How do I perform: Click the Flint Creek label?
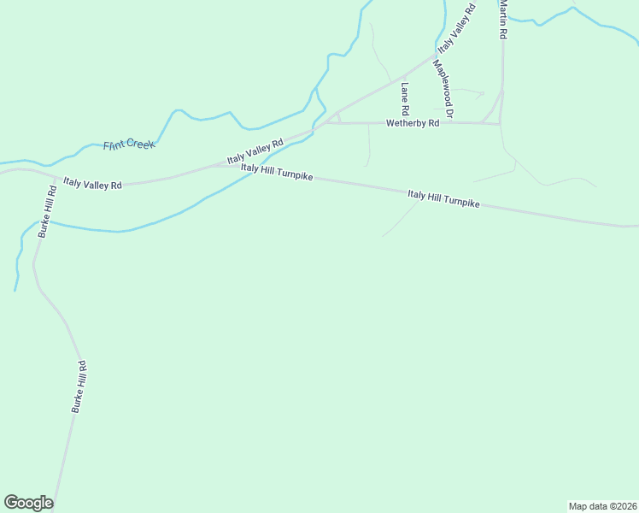tap(129, 145)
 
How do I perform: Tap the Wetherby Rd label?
tap(413, 123)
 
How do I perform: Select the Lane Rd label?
tap(404, 98)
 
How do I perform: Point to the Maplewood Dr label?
tap(443, 88)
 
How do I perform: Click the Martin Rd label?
tap(503, 19)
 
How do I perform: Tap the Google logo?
tap(28, 503)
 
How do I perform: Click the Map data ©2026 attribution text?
tap(602, 505)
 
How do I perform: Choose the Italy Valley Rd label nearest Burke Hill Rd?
tap(93, 183)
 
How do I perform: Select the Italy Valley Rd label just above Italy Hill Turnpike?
tap(255, 152)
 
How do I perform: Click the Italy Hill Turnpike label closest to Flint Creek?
tap(277, 173)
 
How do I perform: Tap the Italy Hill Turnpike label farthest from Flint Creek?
tap(443, 200)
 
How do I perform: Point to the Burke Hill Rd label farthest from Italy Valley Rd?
tap(79, 387)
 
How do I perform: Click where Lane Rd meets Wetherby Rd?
tap(403, 122)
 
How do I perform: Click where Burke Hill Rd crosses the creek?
tap(40, 224)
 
